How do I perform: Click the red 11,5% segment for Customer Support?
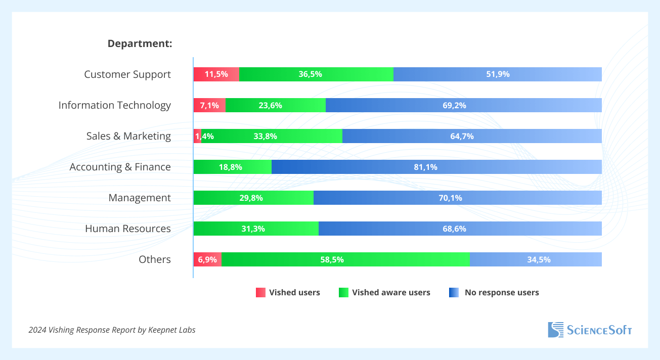click(x=216, y=74)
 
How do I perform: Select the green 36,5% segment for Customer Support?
click(x=316, y=74)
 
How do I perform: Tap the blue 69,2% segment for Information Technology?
click(x=463, y=105)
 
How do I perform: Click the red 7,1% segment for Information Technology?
click(x=209, y=105)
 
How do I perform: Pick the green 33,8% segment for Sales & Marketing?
click(x=272, y=136)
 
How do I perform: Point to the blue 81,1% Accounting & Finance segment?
click(x=436, y=167)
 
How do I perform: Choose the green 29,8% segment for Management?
click(x=253, y=198)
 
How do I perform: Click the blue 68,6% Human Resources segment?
click(x=460, y=229)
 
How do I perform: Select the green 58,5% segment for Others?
click(x=345, y=259)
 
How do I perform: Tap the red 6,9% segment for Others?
click(x=207, y=259)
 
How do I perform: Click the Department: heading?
click(x=140, y=43)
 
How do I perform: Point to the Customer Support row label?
click(x=127, y=74)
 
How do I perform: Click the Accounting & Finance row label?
click(x=120, y=167)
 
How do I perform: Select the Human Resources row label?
click(x=128, y=229)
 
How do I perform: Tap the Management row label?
click(x=140, y=198)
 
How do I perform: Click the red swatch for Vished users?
click(x=260, y=292)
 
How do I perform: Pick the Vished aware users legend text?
click(x=391, y=292)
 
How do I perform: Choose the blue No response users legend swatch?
click(x=454, y=292)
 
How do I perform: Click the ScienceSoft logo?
click(x=590, y=330)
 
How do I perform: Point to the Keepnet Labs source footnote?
click(x=112, y=330)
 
